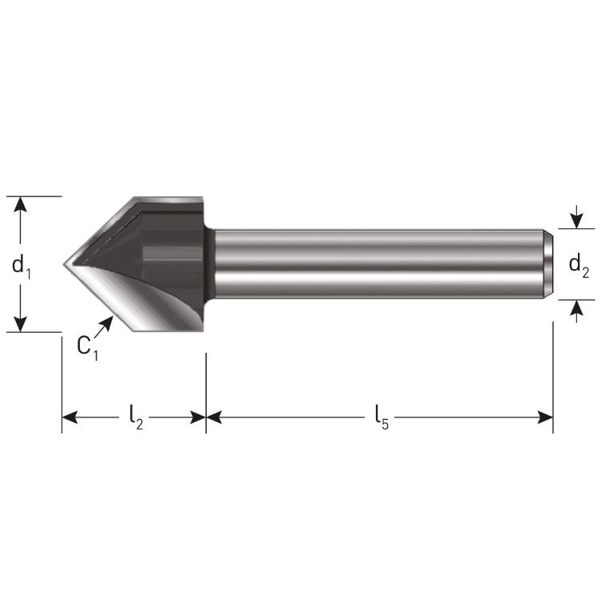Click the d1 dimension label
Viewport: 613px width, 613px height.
(x=22, y=266)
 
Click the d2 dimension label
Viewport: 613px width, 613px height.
(x=579, y=265)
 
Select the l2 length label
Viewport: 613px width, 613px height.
(x=135, y=417)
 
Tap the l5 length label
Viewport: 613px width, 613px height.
(x=381, y=417)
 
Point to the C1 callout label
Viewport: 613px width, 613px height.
(x=87, y=347)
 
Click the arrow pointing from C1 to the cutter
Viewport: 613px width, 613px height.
(x=105, y=325)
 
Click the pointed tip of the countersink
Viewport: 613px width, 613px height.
(x=65, y=263)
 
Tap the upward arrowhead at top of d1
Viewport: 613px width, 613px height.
(x=22, y=204)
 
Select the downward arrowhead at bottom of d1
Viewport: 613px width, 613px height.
(x=22, y=323)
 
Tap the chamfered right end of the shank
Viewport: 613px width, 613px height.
(x=549, y=264)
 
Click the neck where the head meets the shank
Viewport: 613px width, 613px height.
(x=209, y=264)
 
